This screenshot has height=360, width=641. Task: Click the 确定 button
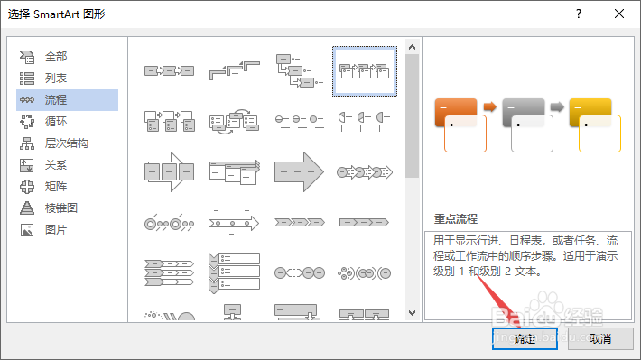coord(525,339)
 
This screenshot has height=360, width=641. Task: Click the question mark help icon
coord(575,14)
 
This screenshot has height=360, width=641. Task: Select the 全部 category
coord(56,56)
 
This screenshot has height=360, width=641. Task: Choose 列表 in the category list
coord(56,78)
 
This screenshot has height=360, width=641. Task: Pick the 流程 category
coord(56,99)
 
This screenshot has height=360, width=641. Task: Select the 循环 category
coord(56,121)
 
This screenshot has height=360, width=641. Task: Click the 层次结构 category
coord(66,143)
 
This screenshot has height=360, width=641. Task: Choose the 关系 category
coord(56,164)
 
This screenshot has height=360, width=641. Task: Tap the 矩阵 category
coord(56,186)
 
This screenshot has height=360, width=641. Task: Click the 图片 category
coord(56,229)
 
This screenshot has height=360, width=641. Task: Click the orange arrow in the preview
coord(490,106)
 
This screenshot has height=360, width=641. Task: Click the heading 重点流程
coord(455,219)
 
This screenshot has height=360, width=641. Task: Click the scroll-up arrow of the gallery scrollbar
coord(412,46)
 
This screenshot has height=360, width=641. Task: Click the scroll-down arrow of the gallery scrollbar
coord(412,311)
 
